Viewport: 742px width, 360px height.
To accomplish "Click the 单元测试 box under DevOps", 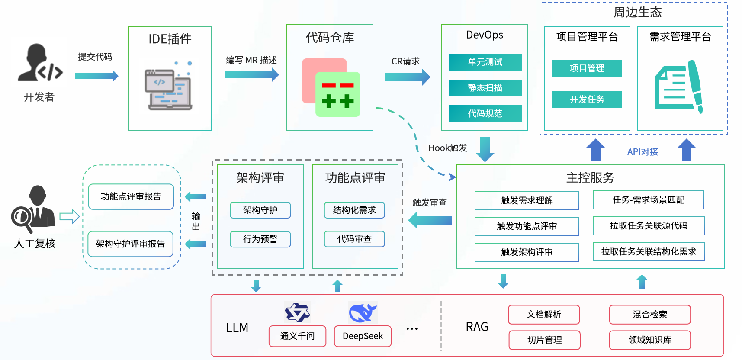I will coord(485,62).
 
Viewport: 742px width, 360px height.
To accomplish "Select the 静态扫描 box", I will coord(485,88).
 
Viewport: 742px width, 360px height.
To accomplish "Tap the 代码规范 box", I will coord(485,114).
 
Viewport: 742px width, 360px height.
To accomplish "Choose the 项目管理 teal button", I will coord(587,68).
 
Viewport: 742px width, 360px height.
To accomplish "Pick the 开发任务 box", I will coord(587,100).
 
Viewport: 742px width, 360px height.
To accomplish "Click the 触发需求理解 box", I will coord(527,200).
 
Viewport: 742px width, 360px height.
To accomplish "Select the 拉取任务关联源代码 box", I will coord(649,226).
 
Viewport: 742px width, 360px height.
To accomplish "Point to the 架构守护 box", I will coord(260,210).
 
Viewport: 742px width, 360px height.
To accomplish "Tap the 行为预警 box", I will coord(260,239).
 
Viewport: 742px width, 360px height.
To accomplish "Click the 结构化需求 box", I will coord(354,210).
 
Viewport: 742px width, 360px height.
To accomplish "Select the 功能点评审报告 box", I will coord(131,197).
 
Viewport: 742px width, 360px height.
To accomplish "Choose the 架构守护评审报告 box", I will coord(130,244).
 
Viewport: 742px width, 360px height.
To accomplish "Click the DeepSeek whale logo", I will coord(363,312).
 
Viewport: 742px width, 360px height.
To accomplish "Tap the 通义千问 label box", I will coord(297,336).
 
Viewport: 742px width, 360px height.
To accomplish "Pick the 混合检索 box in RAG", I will coord(650,315).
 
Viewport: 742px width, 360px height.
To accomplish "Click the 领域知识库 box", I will coord(650,340).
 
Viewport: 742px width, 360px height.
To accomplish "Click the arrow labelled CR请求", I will coord(407,77).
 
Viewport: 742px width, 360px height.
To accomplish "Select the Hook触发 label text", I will coord(447,148).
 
